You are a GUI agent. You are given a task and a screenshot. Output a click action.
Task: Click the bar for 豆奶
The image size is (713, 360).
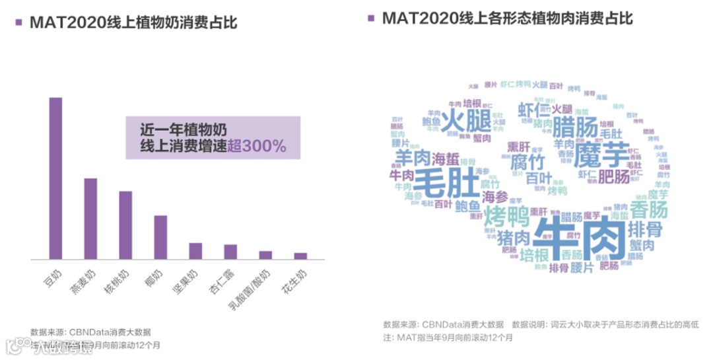click(55, 178)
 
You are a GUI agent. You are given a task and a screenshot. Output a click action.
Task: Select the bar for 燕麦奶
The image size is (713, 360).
click(90, 219)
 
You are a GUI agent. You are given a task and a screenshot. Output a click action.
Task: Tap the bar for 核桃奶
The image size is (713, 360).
click(125, 225)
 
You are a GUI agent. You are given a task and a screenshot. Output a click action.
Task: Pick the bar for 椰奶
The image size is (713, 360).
click(160, 237)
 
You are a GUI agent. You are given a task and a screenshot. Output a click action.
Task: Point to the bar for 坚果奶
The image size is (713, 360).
click(195, 251)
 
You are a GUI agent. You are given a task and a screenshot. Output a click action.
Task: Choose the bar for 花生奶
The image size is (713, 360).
click(300, 256)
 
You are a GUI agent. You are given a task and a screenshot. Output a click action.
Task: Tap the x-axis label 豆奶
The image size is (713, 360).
click(51, 277)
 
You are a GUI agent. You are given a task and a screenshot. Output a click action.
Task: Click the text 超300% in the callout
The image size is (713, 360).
click(257, 147)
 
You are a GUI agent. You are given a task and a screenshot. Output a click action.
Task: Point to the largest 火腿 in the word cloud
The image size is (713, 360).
click(465, 122)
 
